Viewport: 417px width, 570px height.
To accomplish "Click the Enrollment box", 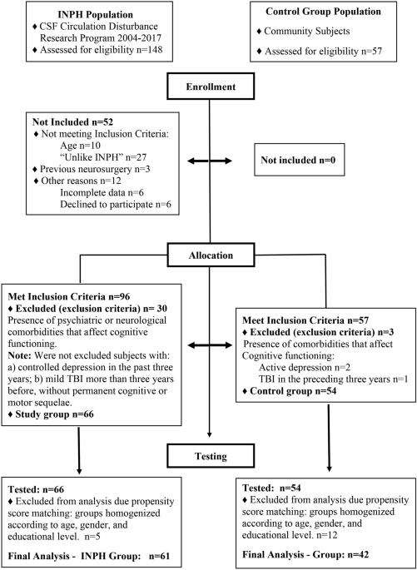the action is [x=210, y=87].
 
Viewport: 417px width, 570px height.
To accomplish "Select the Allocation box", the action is [x=210, y=255].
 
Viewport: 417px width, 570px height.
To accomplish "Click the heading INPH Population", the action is [x=95, y=15].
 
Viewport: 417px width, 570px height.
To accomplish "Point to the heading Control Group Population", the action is [x=323, y=12].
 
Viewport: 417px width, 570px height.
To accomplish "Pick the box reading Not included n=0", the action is [x=298, y=161].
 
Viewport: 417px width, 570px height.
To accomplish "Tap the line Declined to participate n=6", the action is [x=115, y=205].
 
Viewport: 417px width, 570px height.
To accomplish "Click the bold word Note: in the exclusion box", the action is [x=17, y=344].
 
